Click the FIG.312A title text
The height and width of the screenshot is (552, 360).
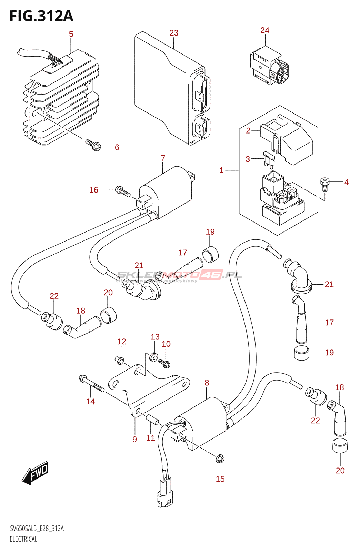41,16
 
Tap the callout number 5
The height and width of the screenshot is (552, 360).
71,34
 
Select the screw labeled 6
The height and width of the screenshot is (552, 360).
93,145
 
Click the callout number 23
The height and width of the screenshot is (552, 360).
174,33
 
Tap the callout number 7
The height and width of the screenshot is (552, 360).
163,158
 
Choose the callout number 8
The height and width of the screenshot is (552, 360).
207,383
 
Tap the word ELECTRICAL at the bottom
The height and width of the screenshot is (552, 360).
23,539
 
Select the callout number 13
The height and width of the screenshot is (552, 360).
155,337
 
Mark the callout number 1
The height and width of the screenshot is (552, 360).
221,170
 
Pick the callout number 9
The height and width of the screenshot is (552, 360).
134,439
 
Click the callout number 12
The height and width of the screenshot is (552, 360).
121,342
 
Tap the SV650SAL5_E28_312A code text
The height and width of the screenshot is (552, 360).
37,529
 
